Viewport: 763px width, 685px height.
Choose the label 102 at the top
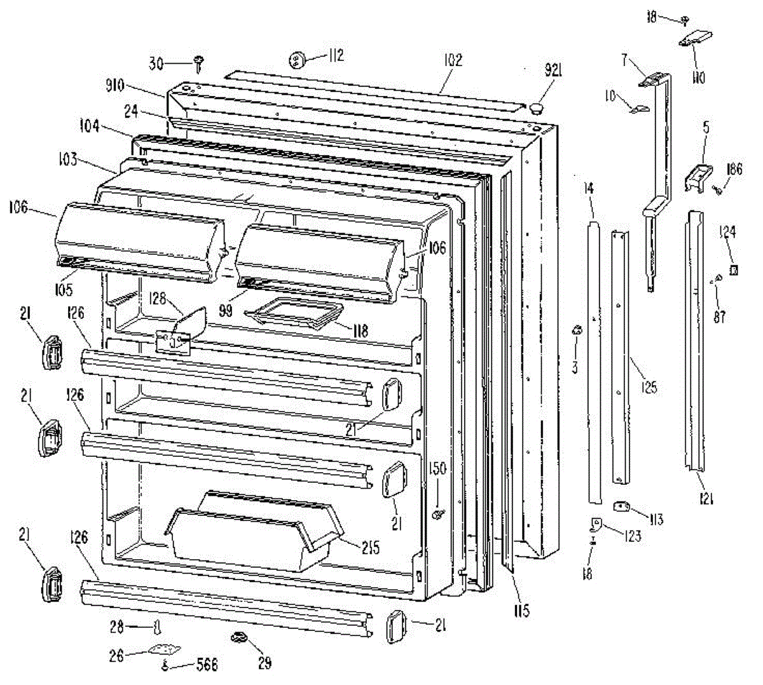(x=453, y=61)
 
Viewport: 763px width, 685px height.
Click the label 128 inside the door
(x=162, y=298)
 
